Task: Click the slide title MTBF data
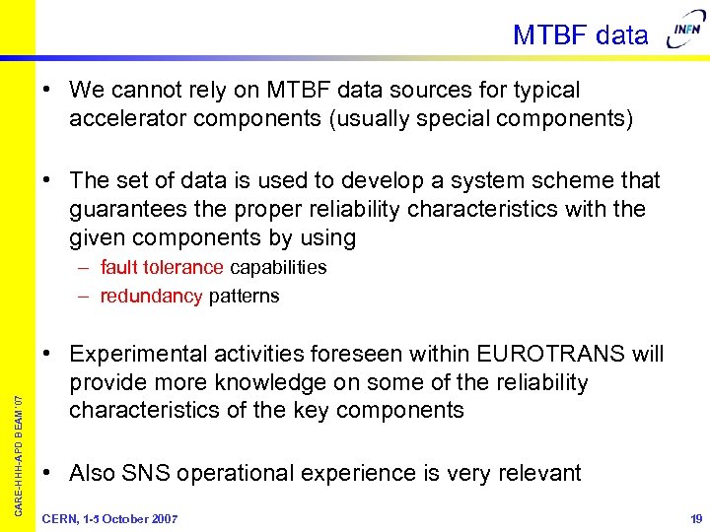(580, 35)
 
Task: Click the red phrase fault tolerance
(162, 267)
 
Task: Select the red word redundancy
(151, 296)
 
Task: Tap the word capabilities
(278, 267)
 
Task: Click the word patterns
(244, 296)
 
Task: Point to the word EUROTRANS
(549, 354)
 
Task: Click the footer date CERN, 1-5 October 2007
(109, 518)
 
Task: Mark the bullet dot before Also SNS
(48, 473)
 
